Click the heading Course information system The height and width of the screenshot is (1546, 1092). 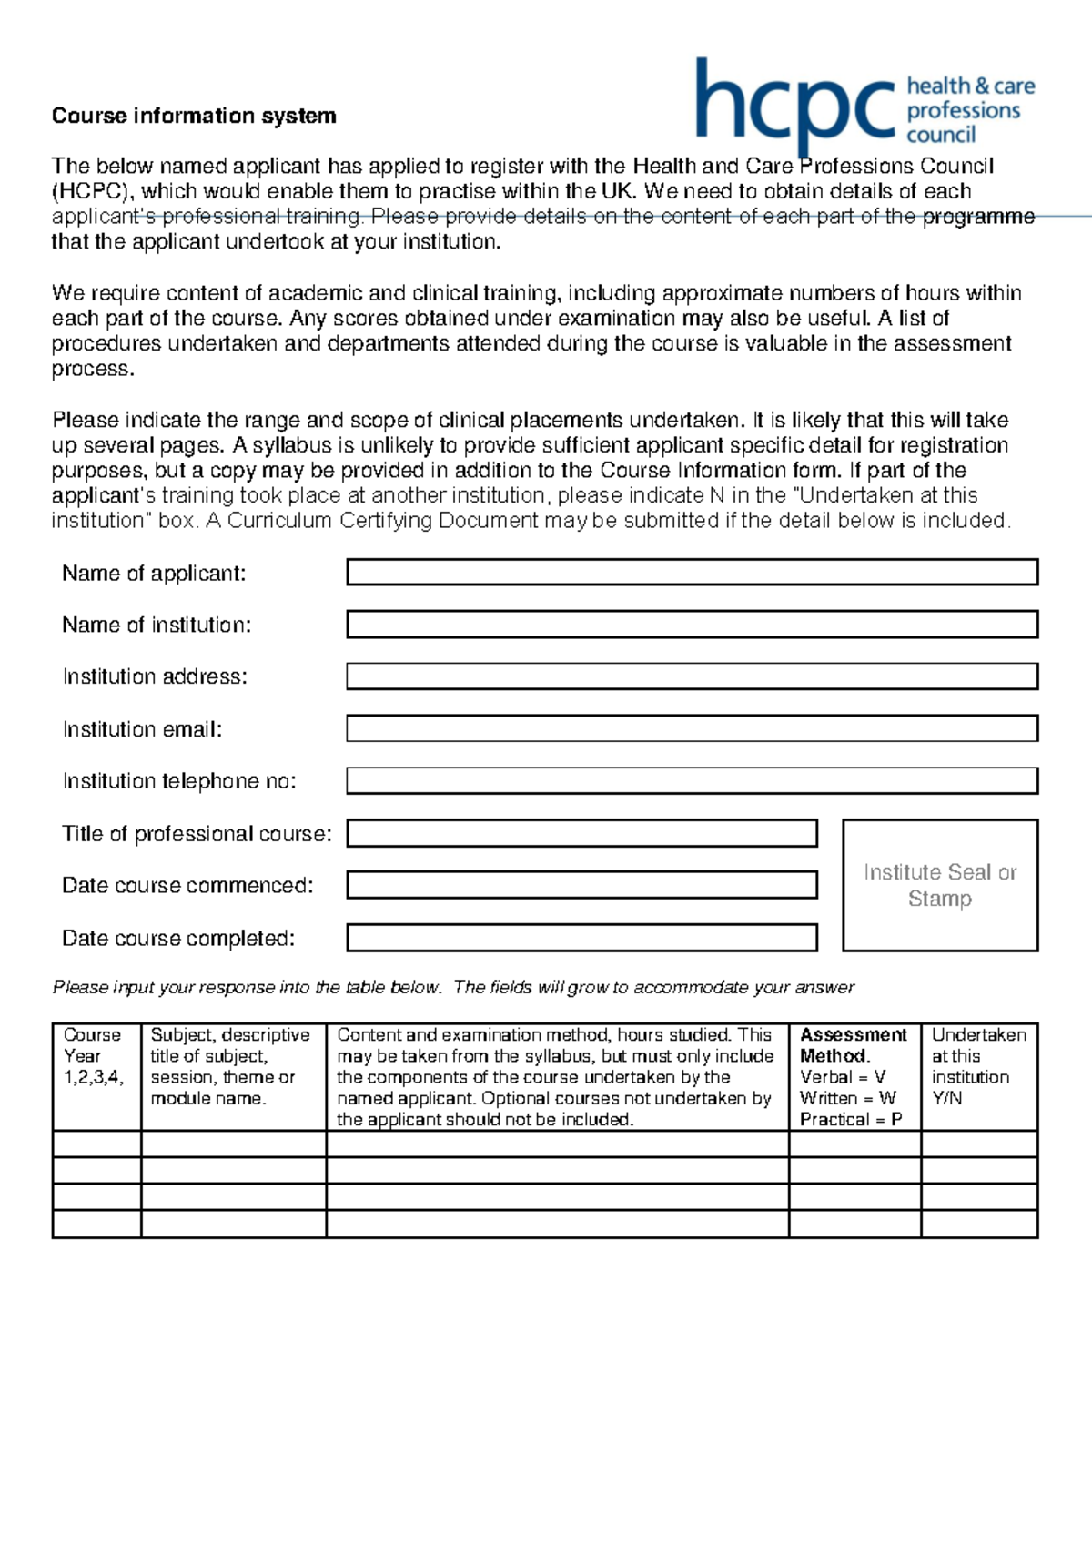[x=194, y=116]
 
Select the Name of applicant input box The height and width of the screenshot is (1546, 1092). [x=692, y=573]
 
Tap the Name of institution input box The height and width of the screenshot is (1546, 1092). [x=692, y=625]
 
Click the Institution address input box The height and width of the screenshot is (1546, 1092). [x=692, y=676]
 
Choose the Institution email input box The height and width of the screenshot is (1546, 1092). [x=692, y=728]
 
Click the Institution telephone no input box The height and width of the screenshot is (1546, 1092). [x=692, y=780]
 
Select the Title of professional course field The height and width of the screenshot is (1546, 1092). [x=581, y=833]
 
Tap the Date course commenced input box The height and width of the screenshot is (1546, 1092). [x=581, y=885]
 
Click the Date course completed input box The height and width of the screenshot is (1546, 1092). [x=581, y=938]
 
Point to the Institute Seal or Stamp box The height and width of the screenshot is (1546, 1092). [x=940, y=885]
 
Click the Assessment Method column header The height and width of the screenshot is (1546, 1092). [x=854, y=1045]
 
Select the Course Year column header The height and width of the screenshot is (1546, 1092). [x=92, y=1056]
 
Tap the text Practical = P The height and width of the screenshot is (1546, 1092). [x=851, y=1119]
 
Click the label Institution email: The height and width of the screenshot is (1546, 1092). [x=142, y=729]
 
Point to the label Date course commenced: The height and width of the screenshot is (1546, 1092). [x=187, y=886]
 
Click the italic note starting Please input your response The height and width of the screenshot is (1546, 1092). [x=453, y=988]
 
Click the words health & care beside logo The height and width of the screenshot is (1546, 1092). [x=971, y=86]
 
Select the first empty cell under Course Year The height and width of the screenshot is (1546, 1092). [x=96, y=1144]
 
